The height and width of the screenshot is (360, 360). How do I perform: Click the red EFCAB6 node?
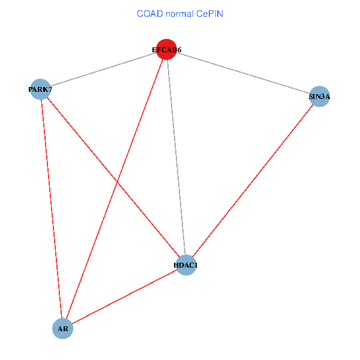[166, 50]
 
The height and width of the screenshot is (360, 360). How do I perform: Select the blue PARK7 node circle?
[40, 90]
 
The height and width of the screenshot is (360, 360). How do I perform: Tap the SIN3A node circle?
[320, 96]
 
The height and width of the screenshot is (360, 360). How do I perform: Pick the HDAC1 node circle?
[186, 265]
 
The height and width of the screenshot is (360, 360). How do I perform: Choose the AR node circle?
[63, 328]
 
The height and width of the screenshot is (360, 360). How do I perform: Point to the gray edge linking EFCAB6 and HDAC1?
[176, 157]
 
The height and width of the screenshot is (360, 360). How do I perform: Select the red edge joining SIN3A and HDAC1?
[253, 180]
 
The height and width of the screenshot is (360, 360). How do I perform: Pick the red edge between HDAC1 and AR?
[124, 296]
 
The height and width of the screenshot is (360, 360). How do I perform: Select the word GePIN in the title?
[211, 14]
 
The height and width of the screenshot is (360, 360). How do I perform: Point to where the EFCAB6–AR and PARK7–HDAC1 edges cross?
[118, 182]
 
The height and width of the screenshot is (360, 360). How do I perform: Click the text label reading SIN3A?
[320, 96]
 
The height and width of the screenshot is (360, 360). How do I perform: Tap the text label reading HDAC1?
[186, 265]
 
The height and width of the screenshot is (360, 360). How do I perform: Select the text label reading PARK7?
[40, 90]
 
